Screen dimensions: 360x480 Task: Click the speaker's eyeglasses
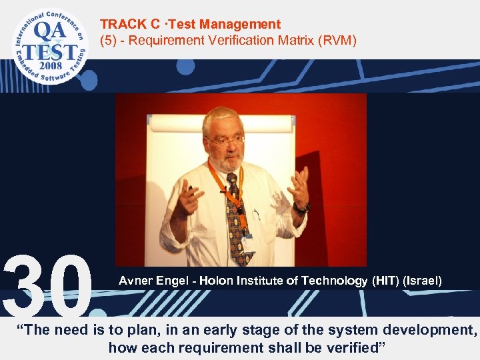point(225,140)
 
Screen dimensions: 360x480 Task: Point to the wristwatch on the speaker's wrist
point(302,209)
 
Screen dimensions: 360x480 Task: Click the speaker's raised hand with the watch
point(298,187)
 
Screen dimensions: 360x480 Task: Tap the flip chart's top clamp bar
point(221,123)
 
